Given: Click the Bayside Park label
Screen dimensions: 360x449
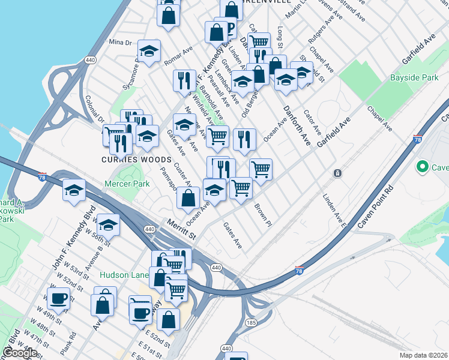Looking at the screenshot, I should [414, 78].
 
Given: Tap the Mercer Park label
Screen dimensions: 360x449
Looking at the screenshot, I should [127, 184].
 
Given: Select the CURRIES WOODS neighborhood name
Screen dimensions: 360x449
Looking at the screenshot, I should [137, 160].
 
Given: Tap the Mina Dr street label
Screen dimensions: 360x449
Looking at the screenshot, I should [120, 42].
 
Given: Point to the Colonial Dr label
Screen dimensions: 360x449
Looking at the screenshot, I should [95, 110].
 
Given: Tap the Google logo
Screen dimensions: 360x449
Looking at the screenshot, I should [20, 353].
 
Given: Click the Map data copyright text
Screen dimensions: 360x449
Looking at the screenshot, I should [424, 355].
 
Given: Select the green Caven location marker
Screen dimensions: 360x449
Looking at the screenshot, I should [422, 167].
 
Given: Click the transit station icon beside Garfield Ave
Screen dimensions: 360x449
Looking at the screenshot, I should [338, 173].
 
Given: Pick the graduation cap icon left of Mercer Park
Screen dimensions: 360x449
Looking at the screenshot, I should [74, 190].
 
